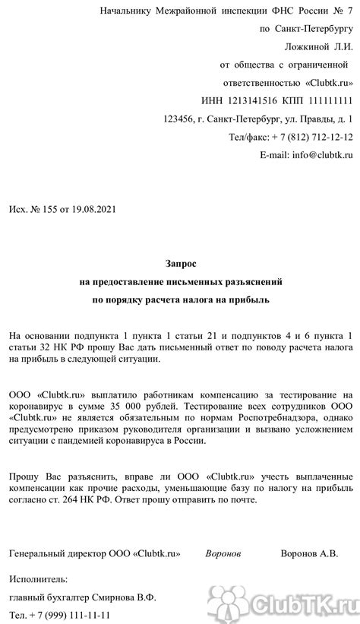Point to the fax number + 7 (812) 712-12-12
[x=308, y=137]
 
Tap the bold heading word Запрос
[x=180, y=263]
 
